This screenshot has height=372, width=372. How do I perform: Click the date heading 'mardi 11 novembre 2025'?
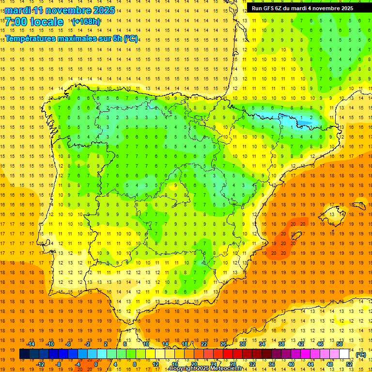click(x=60, y=10)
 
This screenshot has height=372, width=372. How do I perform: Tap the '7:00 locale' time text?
click(x=34, y=22)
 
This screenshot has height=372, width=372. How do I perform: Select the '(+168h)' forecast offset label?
click(x=86, y=22)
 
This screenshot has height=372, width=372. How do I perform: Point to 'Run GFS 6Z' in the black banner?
click(x=269, y=8)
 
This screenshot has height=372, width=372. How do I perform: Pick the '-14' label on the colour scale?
click(x=31, y=344)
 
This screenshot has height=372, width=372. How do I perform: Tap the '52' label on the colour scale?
click(x=349, y=364)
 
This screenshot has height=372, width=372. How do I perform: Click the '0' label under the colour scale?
click(x=96, y=364)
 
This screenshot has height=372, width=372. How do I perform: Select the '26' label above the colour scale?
click(x=223, y=344)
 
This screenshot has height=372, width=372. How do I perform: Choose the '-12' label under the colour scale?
click(x=40, y=364)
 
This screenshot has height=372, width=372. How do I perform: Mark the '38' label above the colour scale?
click(x=281, y=344)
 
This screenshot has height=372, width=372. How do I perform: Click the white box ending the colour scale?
click(x=344, y=354)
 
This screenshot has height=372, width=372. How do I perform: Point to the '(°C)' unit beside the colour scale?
click(x=360, y=355)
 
